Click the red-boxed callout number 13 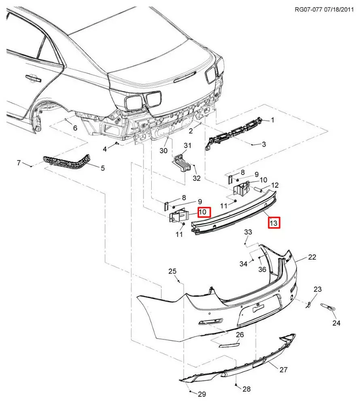pos(274,223)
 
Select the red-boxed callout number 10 pos(203,211)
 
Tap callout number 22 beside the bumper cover pos(312,257)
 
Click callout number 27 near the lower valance pos(283,369)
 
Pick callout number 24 pos(337,323)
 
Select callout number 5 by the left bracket pos(102,168)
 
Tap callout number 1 pos(273,120)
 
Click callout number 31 pos(188,145)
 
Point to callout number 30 pos(163,151)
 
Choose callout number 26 pos(240,335)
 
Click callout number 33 pos(248,232)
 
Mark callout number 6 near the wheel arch pos(75,128)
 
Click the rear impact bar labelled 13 pos(235,214)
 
